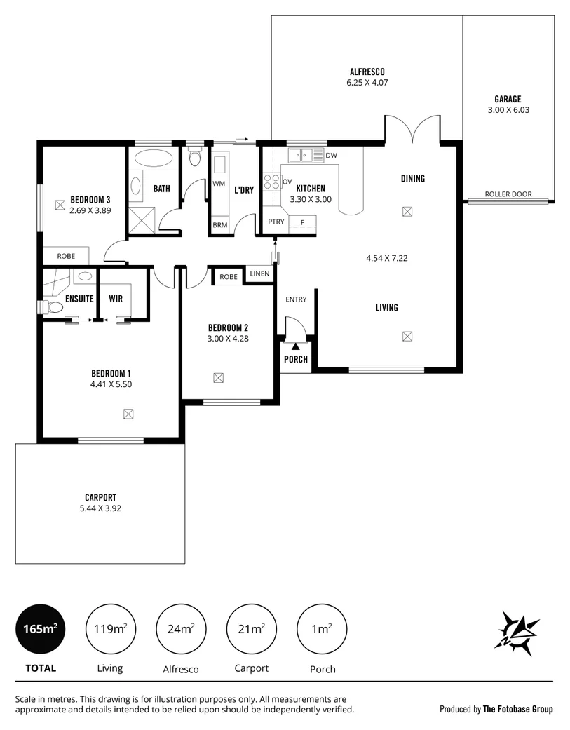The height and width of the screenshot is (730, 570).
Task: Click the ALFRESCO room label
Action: pos(367,72)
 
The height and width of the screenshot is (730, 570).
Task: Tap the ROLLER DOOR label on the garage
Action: pos(508,194)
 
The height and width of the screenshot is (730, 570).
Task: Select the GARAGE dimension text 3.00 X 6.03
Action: pos(508,110)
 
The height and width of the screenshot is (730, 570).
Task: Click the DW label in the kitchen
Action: pos(332,155)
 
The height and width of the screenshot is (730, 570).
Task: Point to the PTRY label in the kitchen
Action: pos(275,222)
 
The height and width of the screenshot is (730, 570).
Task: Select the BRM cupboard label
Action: pos(219,226)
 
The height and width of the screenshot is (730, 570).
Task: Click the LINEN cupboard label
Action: pos(259,273)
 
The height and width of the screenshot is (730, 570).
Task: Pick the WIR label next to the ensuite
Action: pos(116,299)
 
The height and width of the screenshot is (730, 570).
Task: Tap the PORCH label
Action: pos(296,359)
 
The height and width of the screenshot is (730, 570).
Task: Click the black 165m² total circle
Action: pos(40,629)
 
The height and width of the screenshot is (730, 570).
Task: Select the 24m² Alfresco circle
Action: pos(181,629)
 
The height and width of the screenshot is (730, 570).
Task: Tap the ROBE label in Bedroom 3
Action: pos(66,256)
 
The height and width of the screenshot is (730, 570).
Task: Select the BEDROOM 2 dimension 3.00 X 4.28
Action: pos(228,339)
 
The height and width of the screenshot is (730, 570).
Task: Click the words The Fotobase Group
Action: pos(517,709)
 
